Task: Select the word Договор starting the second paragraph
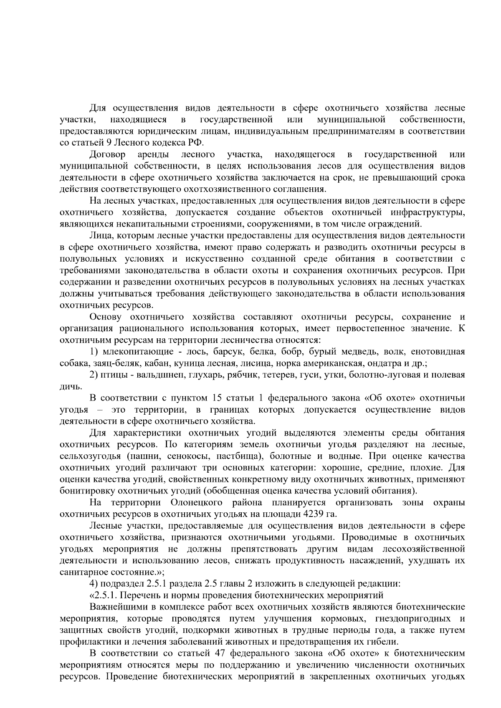[x=108, y=155]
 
